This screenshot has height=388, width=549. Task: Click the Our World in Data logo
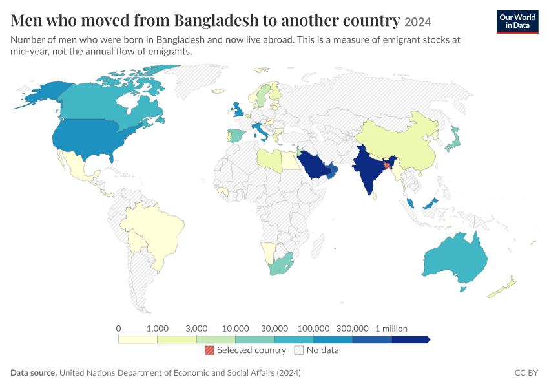517,22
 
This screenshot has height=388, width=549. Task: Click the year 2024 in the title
418,22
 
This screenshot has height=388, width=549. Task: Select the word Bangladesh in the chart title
216,20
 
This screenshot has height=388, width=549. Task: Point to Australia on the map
455,258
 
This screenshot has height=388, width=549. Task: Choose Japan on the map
453,140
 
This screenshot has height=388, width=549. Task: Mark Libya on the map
269,160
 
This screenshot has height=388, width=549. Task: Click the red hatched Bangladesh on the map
387,164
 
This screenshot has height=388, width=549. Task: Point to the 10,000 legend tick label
235,329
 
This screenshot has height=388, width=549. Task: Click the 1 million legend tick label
391,329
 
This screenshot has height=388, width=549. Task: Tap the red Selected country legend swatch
209,350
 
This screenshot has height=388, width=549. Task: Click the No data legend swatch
299,350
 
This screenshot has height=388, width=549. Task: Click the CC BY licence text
526,372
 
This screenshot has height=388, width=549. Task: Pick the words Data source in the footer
34,372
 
